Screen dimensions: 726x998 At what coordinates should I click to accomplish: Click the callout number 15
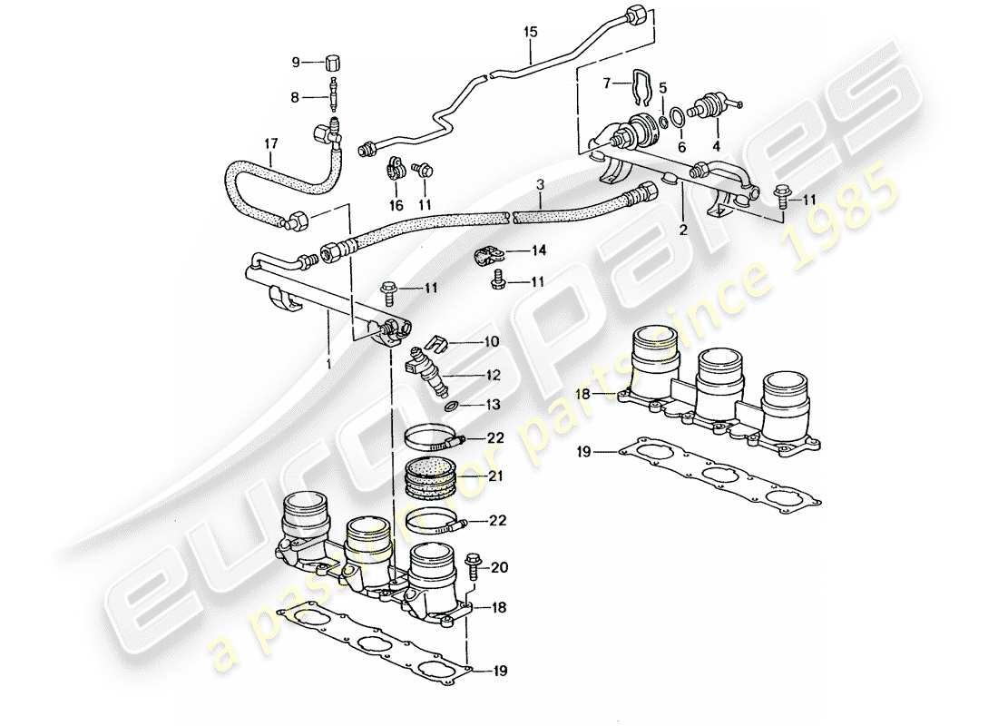point(530,33)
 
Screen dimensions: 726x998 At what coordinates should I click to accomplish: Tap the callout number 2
point(682,231)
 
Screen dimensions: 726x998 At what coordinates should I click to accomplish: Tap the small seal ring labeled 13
point(451,405)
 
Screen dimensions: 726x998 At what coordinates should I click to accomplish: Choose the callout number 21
point(494,475)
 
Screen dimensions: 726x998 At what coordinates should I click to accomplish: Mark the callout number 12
point(493,374)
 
